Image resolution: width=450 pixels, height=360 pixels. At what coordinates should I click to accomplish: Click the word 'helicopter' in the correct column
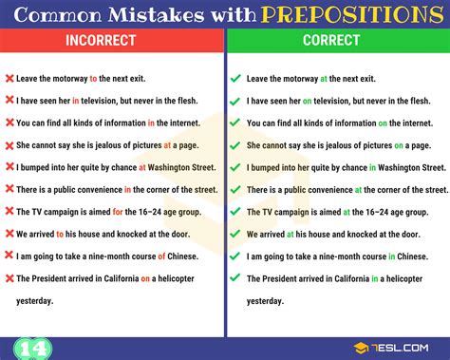tap(413, 277)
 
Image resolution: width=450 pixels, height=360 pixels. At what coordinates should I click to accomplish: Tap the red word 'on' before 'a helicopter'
tap(144, 277)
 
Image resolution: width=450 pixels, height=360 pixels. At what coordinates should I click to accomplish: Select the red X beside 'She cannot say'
tap(9, 145)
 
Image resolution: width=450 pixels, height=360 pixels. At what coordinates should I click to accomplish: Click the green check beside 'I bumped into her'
tap(235, 167)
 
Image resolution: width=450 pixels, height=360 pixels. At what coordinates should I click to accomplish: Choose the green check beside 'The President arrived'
tap(235, 277)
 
